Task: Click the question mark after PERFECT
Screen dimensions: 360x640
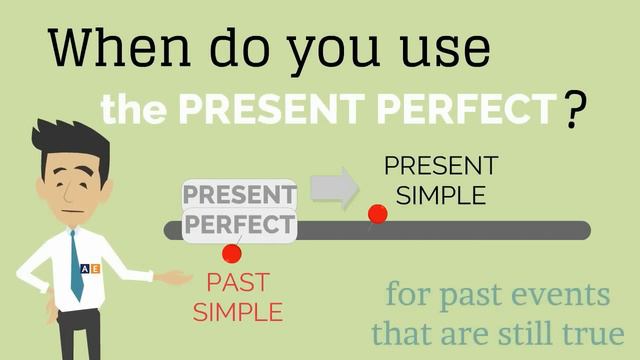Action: pos(574,109)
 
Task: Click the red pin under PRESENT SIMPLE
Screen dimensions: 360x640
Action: pos(377,214)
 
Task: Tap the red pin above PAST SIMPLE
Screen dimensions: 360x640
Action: pos(232,253)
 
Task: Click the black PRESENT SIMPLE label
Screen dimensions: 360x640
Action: pos(440,180)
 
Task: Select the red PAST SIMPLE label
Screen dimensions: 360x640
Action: pos(238,296)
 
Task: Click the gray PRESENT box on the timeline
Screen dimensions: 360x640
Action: pos(239,194)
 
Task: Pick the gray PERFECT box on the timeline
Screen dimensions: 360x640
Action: pos(239,223)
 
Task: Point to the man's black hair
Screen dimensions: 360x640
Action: pos(70,142)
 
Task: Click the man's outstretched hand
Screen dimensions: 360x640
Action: pos(175,277)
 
